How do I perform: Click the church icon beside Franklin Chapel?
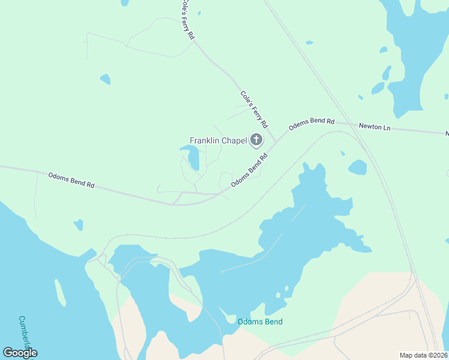coord(256,141)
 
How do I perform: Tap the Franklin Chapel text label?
coord(218,141)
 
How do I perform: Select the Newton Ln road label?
coord(375,127)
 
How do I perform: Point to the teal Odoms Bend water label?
coord(260,322)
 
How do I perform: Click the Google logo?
coord(20,353)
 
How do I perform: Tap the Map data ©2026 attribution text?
coord(423,355)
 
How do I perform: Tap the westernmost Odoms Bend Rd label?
coord(71,180)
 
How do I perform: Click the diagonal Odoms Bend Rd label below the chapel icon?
coord(249,169)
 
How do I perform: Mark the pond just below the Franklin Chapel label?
coord(192,157)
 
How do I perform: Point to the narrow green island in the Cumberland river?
coord(60,293)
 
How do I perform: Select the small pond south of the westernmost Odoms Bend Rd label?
coord(78,225)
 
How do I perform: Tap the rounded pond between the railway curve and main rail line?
coord(357,167)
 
